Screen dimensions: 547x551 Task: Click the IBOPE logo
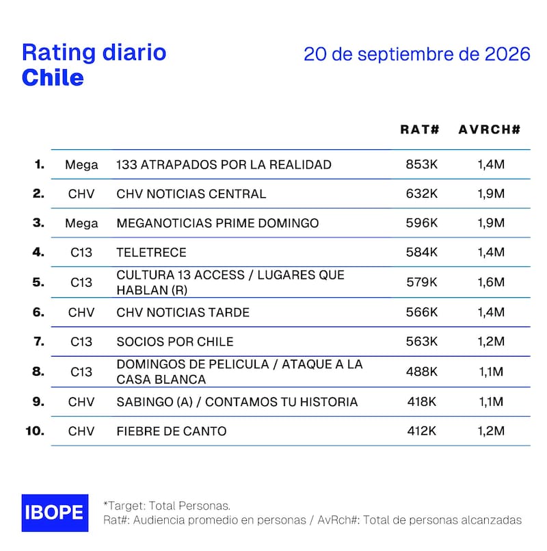(55, 513)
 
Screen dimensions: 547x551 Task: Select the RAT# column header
(420, 129)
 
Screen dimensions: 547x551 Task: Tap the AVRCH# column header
(490, 129)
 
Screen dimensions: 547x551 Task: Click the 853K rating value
(422, 164)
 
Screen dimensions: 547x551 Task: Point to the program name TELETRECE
(151, 253)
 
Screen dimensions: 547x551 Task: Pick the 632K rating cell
(422, 194)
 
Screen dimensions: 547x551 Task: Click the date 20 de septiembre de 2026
(416, 54)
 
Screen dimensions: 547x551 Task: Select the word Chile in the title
(53, 77)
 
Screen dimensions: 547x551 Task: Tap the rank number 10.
(35, 431)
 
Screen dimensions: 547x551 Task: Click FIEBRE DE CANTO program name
(172, 431)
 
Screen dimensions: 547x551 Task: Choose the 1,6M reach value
(491, 282)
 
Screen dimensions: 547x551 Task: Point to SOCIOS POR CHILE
(175, 342)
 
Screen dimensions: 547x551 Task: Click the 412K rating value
(422, 431)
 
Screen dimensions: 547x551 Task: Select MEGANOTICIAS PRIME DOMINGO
(217, 223)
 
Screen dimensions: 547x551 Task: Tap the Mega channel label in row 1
(81, 165)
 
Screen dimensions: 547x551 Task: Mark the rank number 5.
(38, 282)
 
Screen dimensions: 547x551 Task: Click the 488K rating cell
(422, 372)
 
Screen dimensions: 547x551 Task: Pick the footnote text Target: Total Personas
(167, 506)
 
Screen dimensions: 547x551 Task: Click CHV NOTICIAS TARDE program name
(183, 312)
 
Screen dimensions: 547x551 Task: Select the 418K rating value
(422, 401)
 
